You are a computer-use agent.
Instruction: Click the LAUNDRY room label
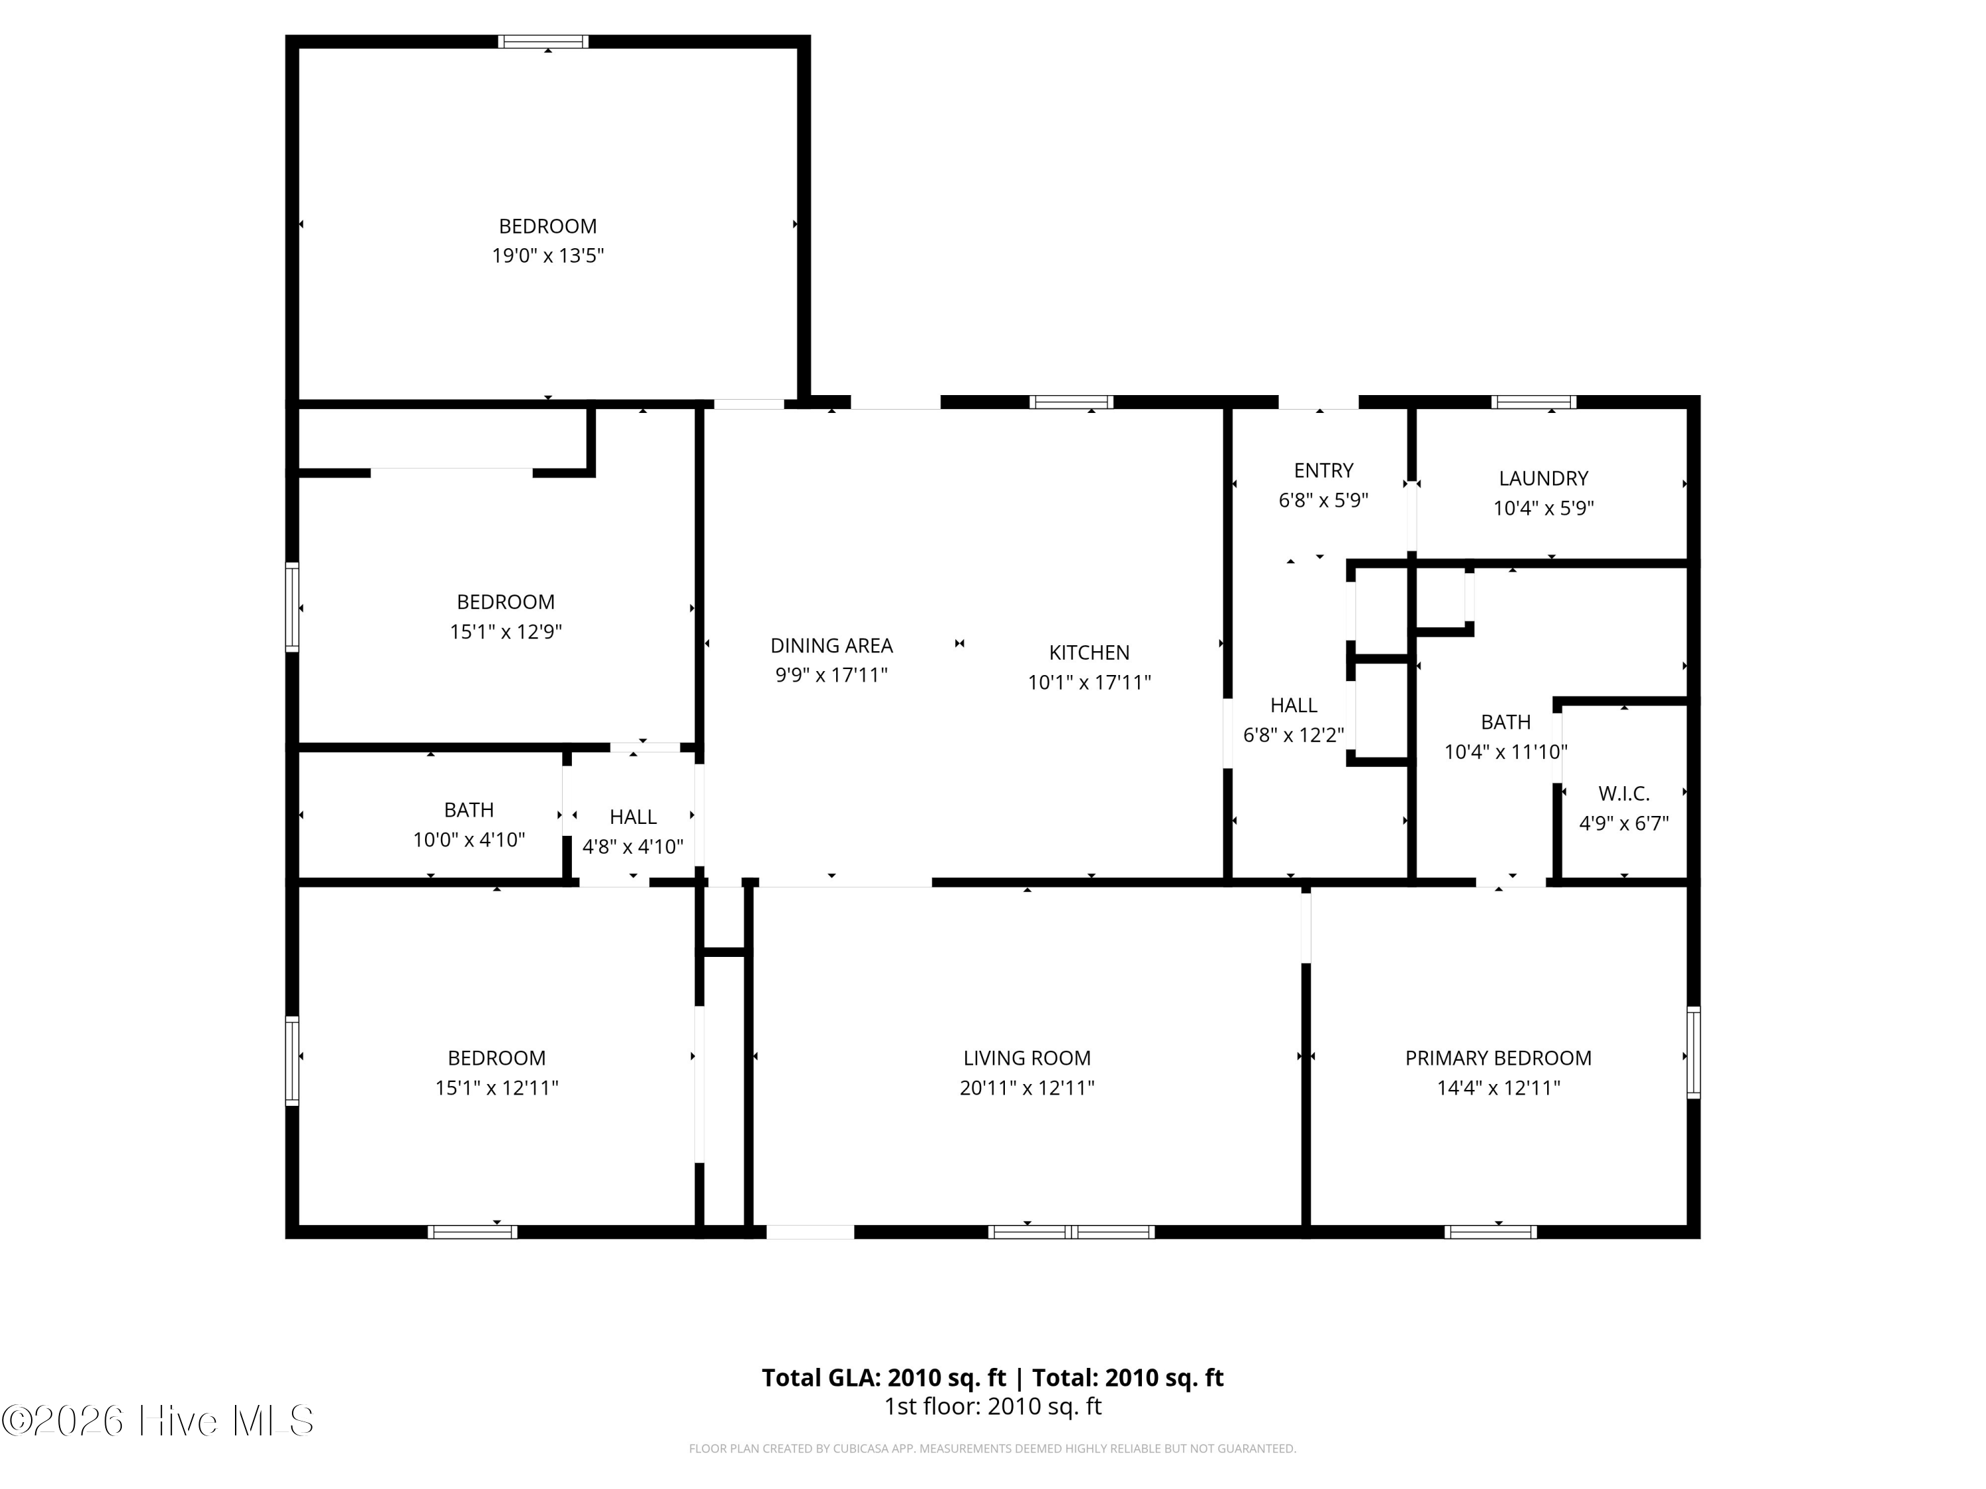[1543, 478]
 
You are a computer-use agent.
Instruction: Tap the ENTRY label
[1323, 471]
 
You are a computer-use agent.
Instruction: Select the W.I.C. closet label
[1624, 793]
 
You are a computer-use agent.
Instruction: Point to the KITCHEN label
[1089, 653]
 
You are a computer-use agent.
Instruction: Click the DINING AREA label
[831, 645]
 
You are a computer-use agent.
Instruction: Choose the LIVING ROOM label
[1027, 1058]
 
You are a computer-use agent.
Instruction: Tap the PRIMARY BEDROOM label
[1499, 1058]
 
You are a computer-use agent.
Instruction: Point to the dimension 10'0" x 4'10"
[469, 840]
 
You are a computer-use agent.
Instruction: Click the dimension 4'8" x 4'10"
[633, 846]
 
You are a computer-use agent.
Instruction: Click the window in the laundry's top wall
[1533, 402]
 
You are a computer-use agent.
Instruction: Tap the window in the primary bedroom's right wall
[1693, 1053]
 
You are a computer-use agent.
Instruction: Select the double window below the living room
[1071, 1232]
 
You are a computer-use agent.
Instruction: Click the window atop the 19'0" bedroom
[544, 41]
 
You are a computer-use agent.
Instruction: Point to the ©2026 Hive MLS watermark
[158, 1421]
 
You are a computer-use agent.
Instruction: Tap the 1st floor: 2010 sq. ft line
[993, 1406]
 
